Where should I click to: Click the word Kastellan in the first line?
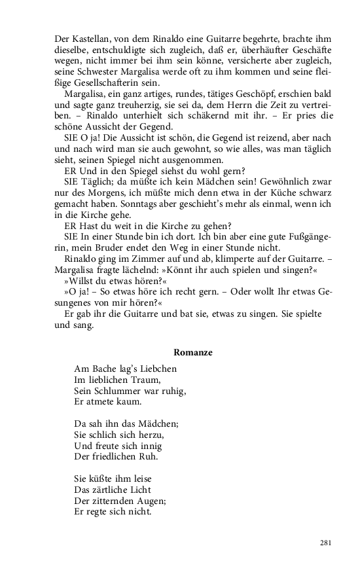coord(90,38)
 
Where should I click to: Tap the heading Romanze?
coord(192,352)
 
